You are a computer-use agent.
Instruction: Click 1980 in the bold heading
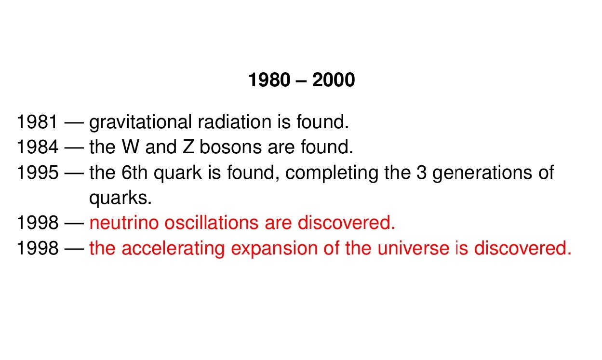pos(269,80)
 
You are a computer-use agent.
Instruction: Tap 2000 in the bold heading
pos(334,80)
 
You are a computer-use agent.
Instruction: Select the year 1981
pos(37,122)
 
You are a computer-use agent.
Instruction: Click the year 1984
pos(38,147)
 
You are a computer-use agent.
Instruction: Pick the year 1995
pos(38,173)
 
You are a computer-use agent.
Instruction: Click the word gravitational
pos(140,123)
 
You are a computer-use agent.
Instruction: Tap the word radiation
pos(235,122)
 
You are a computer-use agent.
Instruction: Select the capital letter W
pos(130,147)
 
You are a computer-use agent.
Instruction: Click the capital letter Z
pos(188,147)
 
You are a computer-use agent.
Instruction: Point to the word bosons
pos(230,147)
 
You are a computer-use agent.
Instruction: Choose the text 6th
pos(134,172)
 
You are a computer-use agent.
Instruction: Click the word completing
pos(332,173)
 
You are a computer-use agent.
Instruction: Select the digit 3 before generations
pos(421,173)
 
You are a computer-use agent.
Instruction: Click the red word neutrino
pos(124,223)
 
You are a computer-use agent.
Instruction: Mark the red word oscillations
pos(212,223)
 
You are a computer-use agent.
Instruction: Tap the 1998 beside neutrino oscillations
pos(38,223)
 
